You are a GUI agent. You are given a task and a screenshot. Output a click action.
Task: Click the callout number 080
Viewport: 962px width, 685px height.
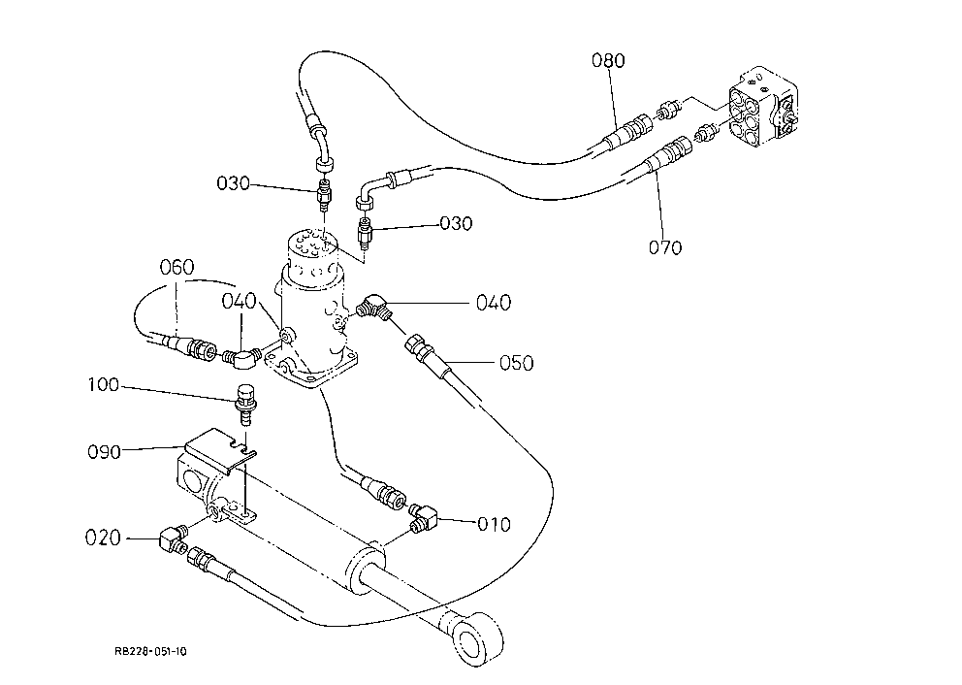(608, 60)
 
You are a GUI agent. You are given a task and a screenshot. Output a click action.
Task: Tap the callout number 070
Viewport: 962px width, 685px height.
(665, 247)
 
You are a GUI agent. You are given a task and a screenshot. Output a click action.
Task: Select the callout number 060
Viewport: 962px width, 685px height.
(176, 267)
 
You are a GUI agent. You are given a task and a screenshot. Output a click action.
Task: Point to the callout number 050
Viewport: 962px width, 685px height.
(516, 363)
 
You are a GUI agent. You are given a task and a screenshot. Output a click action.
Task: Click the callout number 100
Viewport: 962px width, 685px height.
(103, 385)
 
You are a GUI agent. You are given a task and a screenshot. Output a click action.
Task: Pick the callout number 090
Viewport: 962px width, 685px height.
(104, 452)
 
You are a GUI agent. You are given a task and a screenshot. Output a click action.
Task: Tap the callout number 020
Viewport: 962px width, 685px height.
(103, 538)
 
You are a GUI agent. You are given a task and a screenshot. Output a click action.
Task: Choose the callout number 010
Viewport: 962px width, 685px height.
(494, 524)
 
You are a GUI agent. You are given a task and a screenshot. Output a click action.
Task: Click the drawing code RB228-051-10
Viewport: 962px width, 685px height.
(150, 651)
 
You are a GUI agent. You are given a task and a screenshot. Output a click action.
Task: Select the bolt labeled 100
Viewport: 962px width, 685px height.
(245, 404)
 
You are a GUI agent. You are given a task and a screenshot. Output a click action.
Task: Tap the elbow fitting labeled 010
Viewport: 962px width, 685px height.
(424, 517)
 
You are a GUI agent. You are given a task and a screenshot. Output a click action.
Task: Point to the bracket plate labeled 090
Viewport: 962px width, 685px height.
(219, 450)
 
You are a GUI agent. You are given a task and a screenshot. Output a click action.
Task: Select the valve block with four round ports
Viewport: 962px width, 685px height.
(762, 108)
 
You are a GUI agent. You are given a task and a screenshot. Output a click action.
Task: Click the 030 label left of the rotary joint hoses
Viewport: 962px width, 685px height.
(233, 183)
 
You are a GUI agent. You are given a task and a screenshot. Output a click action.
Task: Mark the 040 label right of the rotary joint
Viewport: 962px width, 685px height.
(494, 303)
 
